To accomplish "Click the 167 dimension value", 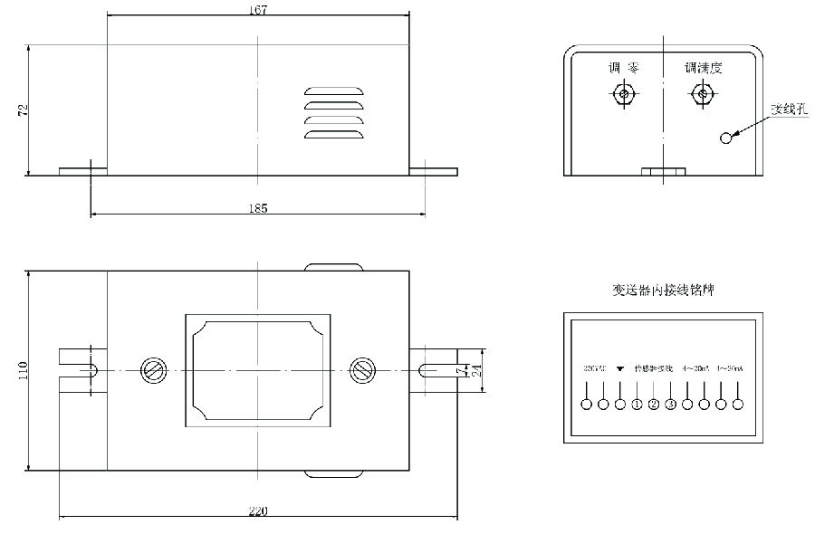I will [258, 10].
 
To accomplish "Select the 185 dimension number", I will [258, 208].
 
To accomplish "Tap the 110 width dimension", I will [23, 370].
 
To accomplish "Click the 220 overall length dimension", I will [258, 511].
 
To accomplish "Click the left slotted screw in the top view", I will [151, 370].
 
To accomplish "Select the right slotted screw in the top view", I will [362, 370].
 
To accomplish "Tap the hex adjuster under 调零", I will [622, 94].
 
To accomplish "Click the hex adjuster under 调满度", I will [702, 93].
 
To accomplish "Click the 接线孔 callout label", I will [787, 110].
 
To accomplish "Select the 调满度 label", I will [704, 68].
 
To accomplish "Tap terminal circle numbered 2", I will [654, 404].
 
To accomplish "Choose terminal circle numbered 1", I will [638, 404].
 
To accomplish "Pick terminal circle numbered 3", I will [671, 404].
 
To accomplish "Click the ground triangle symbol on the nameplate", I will [620, 369].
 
